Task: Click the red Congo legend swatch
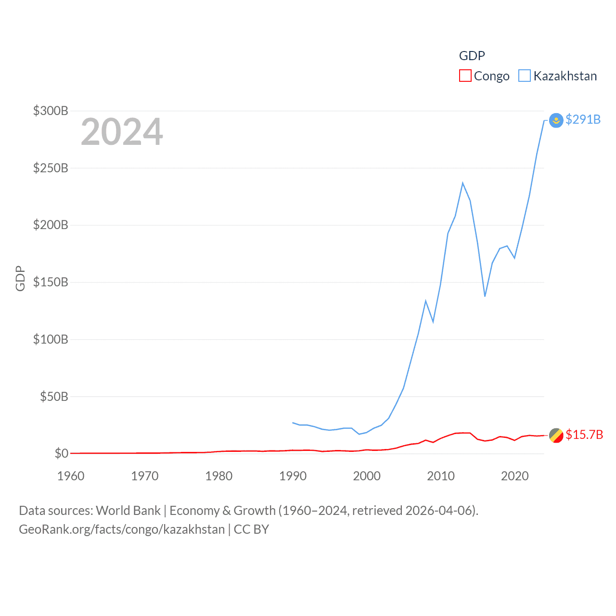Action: point(465,76)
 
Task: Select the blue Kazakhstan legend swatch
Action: point(525,76)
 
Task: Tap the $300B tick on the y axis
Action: point(51,111)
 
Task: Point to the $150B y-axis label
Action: point(51,282)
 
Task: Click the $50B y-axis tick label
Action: point(54,397)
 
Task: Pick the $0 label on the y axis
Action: point(61,453)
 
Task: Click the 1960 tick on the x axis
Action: point(71,476)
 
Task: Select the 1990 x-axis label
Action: point(293,476)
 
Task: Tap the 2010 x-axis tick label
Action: point(441,476)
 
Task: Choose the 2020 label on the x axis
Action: point(515,476)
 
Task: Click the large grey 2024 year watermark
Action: point(122,132)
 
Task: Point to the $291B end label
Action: point(583,119)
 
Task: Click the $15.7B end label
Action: point(584,435)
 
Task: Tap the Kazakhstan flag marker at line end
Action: point(556,120)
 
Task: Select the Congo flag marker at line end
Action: point(556,435)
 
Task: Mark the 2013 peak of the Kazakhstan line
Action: point(462,183)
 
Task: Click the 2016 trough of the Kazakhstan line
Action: point(485,296)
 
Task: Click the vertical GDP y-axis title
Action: point(20,278)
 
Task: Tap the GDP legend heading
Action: point(472,56)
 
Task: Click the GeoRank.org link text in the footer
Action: point(122,529)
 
